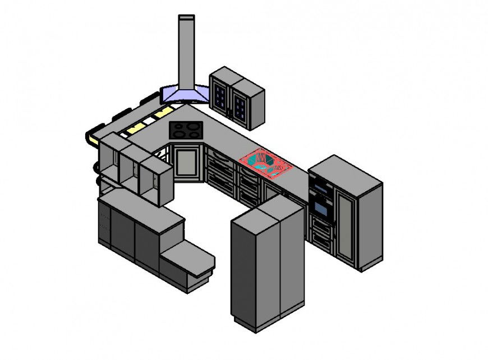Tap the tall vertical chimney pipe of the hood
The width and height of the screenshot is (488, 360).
pyautogui.click(x=186, y=50)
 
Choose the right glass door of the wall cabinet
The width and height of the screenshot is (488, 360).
pyautogui.click(x=240, y=107)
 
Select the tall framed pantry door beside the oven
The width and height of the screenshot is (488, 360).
pyautogui.click(x=346, y=224)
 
